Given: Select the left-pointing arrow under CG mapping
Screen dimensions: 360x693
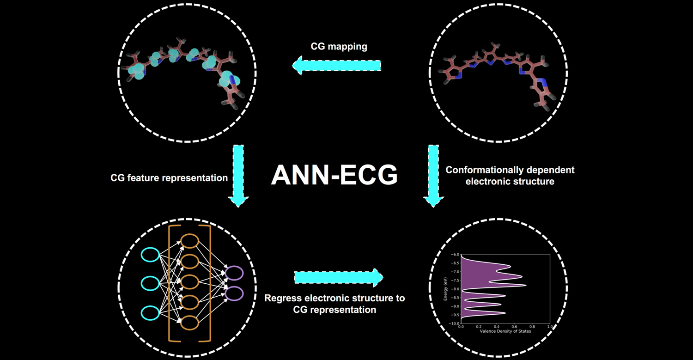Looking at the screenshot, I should [x=336, y=66].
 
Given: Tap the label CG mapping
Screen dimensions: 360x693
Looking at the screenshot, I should [x=339, y=47].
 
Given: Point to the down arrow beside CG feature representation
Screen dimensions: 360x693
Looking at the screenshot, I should [x=238, y=176].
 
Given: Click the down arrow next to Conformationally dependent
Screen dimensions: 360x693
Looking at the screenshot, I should [x=433, y=176].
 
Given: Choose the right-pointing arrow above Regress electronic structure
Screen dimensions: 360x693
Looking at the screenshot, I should [x=339, y=277].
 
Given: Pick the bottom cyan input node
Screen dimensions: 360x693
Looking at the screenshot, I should [x=150, y=313].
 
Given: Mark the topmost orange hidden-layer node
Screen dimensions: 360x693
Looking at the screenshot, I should [x=189, y=242].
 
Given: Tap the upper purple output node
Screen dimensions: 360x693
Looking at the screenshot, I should [x=234, y=273].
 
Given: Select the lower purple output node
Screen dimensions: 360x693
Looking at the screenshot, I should [x=234, y=293].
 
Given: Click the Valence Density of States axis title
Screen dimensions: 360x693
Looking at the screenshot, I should [x=505, y=331].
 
